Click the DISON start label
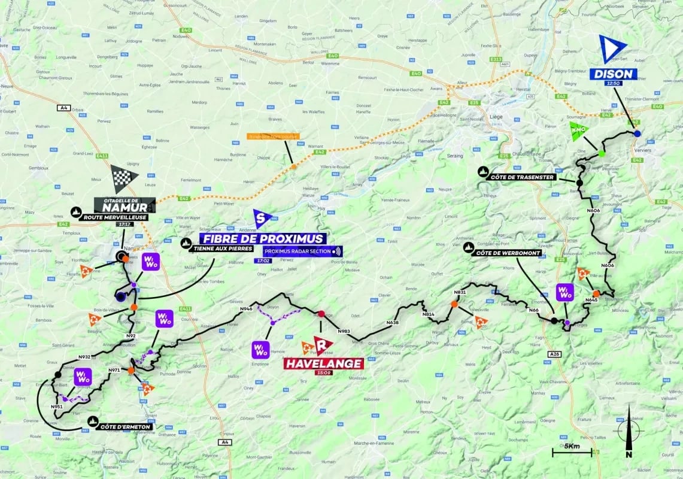[x=614, y=74]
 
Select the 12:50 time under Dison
[x=614, y=84]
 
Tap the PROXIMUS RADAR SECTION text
[x=298, y=251]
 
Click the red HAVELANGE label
[x=323, y=363]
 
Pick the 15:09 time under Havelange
[x=323, y=372]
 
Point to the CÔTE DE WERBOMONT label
[x=508, y=253]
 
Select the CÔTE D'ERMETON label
[x=125, y=426]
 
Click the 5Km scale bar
[x=572, y=451]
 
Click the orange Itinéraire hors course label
[x=273, y=137]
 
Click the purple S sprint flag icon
[x=262, y=219]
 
